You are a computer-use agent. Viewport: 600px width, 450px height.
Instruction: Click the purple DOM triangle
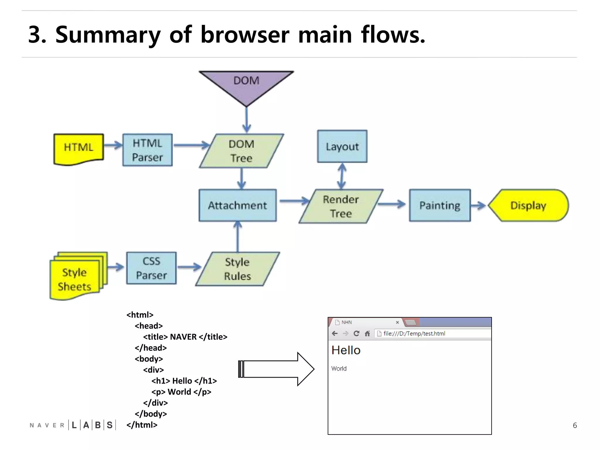(x=246, y=85)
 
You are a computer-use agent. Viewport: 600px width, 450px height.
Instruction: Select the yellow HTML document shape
(x=79, y=148)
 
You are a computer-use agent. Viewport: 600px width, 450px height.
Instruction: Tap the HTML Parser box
(x=147, y=150)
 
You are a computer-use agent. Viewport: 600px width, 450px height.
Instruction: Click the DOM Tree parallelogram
(x=241, y=151)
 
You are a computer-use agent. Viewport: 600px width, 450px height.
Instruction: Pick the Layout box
(x=342, y=146)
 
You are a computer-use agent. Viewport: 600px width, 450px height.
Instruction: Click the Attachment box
(x=238, y=205)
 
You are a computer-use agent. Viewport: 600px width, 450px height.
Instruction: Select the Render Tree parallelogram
(x=341, y=206)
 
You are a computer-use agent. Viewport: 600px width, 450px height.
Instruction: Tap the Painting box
(x=440, y=205)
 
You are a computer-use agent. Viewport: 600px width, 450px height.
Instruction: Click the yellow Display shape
(x=528, y=205)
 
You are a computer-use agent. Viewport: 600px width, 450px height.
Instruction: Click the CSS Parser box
(x=151, y=268)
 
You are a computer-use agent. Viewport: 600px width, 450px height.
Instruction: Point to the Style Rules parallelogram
(x=238, y=269)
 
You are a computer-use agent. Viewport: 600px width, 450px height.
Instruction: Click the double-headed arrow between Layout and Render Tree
(x=342, y=176)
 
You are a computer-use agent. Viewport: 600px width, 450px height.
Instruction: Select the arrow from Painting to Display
(x=478, y=205)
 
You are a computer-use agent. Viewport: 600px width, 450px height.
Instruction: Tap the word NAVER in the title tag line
(x=183, y=337)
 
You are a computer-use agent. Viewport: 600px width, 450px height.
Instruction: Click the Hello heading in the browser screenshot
(x=346, y=350)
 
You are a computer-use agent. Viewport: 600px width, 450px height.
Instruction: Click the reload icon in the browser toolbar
(x=356, y=333)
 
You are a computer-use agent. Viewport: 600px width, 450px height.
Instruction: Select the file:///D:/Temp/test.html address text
(x=414, y=333)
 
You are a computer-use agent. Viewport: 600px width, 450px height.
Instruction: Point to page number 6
(x=575, y=425)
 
